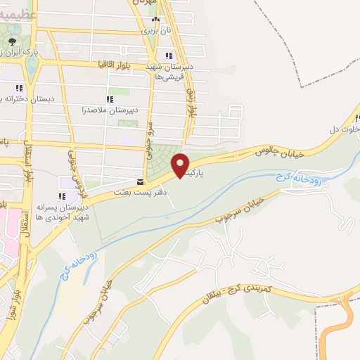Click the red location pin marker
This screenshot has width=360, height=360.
[181, 165]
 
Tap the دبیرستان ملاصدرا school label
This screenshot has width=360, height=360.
[109, 110]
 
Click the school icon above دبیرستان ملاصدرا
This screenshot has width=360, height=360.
[109, 99]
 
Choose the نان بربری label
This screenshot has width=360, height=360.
[156, 30]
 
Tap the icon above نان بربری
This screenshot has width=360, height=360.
[156, 20]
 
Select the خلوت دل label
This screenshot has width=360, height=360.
[344, 129]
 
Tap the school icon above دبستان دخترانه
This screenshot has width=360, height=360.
[19, 88]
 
